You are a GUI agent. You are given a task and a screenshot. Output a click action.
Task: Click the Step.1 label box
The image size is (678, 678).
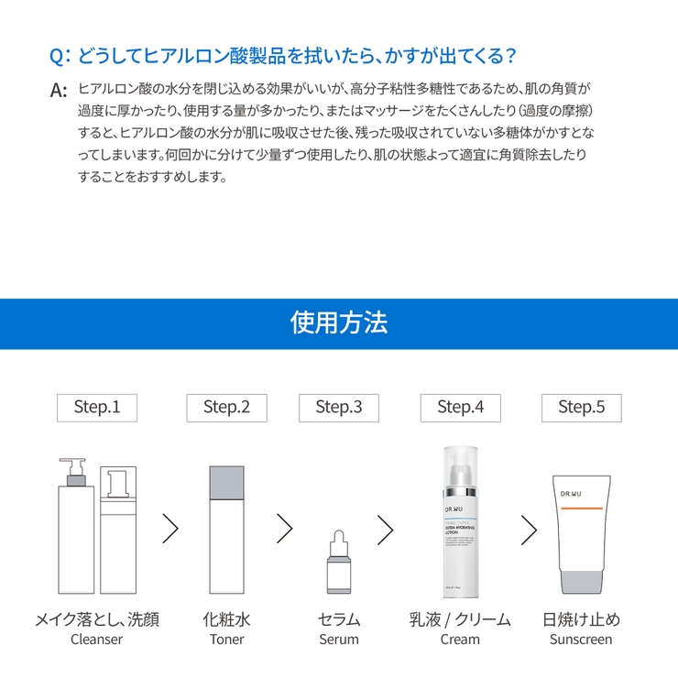click(x=97, y=407)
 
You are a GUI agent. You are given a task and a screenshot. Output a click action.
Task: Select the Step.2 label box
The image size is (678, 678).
click(x=226, y=407)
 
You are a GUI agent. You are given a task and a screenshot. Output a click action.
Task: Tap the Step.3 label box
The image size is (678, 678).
click(x=338, y=407)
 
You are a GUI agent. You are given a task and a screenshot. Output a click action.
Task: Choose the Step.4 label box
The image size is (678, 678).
click(x=460, y=407)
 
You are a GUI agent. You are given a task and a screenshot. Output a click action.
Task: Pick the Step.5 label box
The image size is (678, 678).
click(x=581, y=407)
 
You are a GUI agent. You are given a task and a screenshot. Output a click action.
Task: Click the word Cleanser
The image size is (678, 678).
click(x=96, y=640)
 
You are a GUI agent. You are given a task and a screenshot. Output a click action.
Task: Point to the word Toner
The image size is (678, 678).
click(x=226, y=640)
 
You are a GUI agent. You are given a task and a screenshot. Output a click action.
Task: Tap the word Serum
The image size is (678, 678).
click(x=338, y=640)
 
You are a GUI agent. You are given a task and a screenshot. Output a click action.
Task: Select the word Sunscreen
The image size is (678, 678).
click(x=581, y=640)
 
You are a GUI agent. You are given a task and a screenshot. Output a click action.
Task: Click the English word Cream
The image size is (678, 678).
click(x=460, y=640)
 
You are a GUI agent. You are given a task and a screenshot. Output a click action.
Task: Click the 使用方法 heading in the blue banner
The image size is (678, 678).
click(x=338, y=323)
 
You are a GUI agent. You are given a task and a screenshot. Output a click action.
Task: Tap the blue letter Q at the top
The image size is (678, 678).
click(x=57, y=56)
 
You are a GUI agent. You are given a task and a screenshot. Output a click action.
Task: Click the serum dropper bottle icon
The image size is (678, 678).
click(x=338, y=563)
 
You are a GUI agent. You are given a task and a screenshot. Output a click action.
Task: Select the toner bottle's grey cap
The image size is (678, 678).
click(x=226, y=479)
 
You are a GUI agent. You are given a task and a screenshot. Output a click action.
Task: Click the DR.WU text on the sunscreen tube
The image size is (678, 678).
click(x=571, y=494)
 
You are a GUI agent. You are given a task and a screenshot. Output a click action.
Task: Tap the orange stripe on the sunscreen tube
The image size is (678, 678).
click(x=580, y=508)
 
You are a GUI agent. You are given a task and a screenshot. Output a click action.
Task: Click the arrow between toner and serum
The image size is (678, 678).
click(x=283, y=528)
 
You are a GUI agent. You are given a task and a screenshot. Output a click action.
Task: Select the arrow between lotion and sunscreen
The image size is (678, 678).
click(x=528, y=528)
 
